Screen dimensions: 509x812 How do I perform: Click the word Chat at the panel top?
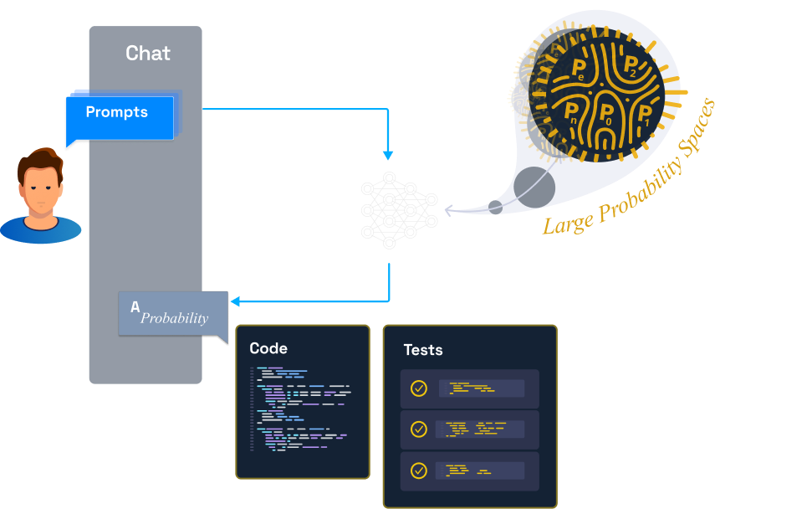click(x=148, y=54)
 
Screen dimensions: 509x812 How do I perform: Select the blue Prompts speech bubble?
click(x=120, y=116)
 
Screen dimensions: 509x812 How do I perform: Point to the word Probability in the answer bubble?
click(x=174, y=318)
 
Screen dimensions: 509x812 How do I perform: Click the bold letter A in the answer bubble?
click(x=135, y=307)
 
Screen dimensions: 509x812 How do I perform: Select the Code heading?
click(x=268, y=348)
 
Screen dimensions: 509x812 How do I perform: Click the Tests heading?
click(x=423, y=350)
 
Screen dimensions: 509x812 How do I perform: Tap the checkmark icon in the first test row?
click(x=419, y=388)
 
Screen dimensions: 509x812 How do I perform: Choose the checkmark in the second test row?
click(x=419, y=429)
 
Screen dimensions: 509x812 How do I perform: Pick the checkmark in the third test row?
click(x=419, y=470)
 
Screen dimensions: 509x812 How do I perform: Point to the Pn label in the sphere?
click(x=571, y=111)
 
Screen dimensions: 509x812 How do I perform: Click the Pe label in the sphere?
click(x=578, y=70)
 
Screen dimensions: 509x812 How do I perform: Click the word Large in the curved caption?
click(x=563, y=222)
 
